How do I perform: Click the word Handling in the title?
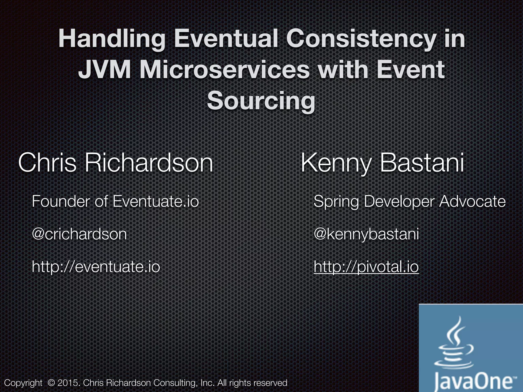click(112, 39)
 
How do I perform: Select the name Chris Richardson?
click(115, 163)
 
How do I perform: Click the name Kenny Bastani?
click(382, 163)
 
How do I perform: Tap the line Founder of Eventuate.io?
click(115, 201)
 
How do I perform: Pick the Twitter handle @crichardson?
click(79, 234)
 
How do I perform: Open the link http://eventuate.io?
click(96, 267)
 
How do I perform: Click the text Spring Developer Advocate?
click(409, 201)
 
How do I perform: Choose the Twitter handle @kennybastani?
click(366, 234)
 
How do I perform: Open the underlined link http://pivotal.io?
click(366, 267)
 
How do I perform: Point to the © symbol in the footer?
click(51, 383)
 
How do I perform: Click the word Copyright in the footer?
click(23, 383)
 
